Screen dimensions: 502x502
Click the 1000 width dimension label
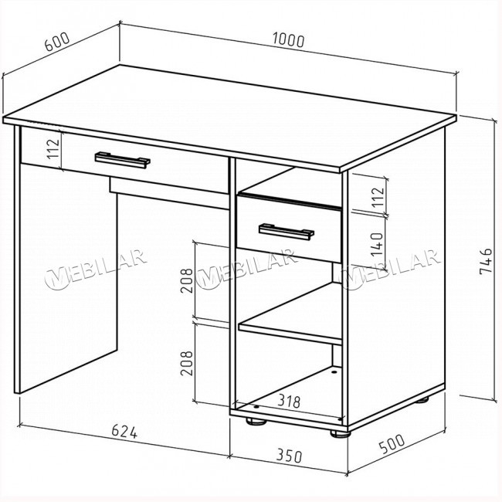point(288,40)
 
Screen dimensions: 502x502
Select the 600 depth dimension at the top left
point(56,42)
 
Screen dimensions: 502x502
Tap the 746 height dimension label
point(486,261)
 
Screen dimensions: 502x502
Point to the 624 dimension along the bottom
point(124,432)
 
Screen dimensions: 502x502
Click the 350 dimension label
point(289,456)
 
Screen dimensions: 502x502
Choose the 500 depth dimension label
point(392,444)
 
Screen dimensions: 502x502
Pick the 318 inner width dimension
point(289,401)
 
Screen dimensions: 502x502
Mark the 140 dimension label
point(378,244)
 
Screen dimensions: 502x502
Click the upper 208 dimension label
point(187,280)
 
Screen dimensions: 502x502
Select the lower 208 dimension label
point(187,363)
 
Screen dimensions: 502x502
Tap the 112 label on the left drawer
point(53,149)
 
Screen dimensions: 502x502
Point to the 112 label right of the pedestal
point(378,197)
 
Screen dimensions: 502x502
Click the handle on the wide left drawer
point(123,160)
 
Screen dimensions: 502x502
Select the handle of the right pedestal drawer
point(287,232)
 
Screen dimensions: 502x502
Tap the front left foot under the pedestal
point(256,422)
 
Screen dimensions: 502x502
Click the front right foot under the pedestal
point(341,434)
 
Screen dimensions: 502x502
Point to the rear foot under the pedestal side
point(422,399)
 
